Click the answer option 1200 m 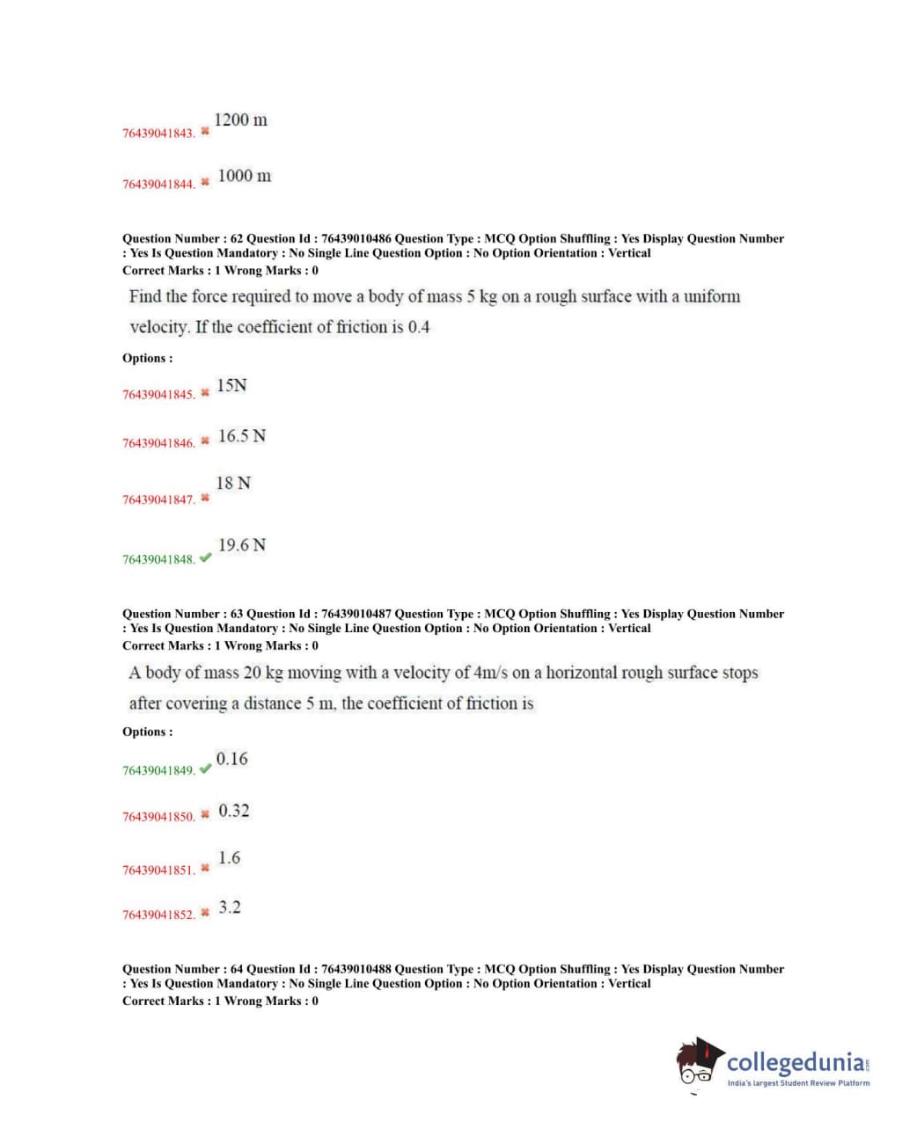[240, 120]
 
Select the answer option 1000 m [244, 176]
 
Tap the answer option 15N [231, 385]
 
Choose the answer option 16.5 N [242, 436]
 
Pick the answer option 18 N [233, 484]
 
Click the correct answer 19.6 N [242, 545]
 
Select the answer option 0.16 [231, 759]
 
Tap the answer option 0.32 [233, 811]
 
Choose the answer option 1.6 [229, 858]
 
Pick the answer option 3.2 [229, 907]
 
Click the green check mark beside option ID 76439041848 [205, 557]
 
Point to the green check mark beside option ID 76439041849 [205, 768]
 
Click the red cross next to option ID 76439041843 [205, 131]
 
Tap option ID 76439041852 [158, 915]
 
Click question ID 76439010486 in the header [356, 238]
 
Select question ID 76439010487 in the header [356, 614]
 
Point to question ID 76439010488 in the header [356, 969]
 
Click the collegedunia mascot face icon [699, 1064]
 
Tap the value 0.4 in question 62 [419, 327]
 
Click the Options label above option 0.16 [148, 732]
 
